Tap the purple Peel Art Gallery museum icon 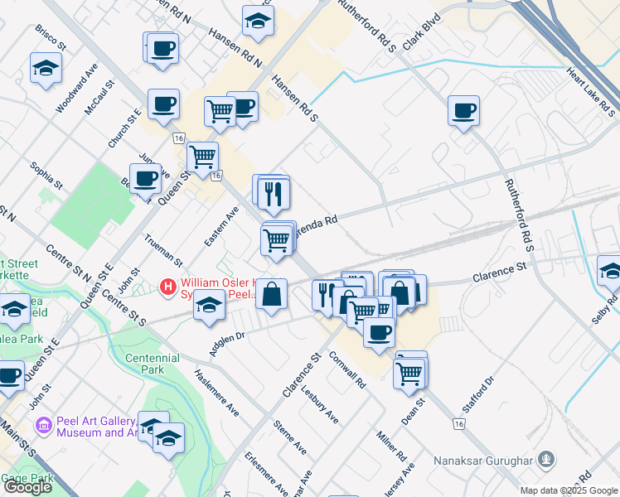coord(44,426)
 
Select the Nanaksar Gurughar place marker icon coord(545,458)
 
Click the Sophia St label coord(46,176)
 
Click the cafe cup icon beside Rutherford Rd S coord(463,110)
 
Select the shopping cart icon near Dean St coord(409,372)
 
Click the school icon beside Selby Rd coord(610,270)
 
